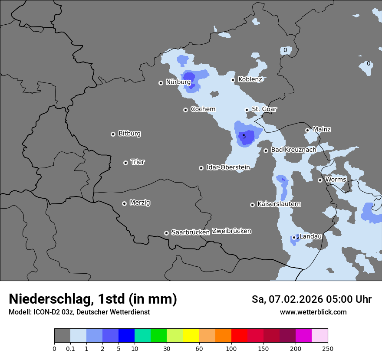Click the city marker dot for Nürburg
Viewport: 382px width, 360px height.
pos(161,83)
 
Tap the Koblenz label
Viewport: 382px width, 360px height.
pos(250,79)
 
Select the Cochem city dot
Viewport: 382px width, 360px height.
pos(185,110)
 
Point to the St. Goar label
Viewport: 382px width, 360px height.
pos(264,109)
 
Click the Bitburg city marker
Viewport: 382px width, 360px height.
pos(113,134)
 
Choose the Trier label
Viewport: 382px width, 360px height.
pos(138,162)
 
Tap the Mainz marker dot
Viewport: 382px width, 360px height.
pos(307,130)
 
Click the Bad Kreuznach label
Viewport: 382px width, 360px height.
pos(293,150)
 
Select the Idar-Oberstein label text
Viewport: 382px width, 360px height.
pos(228,167)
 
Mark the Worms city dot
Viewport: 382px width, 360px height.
pos(320,180)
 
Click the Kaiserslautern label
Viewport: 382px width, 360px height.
pos(279,204)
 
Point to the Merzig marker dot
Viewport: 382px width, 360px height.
pos(124,203)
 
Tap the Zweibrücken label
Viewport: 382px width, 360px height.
pos(231,231)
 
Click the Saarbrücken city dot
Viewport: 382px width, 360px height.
pos(166,233)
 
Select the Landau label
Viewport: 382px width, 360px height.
pos(311,236)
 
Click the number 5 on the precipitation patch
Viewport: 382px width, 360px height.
pos(244,137)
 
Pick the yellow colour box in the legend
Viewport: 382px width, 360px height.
pos(191,336)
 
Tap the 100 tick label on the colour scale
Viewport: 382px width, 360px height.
pos(231,348)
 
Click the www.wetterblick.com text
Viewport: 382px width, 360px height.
pos(313,312)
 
